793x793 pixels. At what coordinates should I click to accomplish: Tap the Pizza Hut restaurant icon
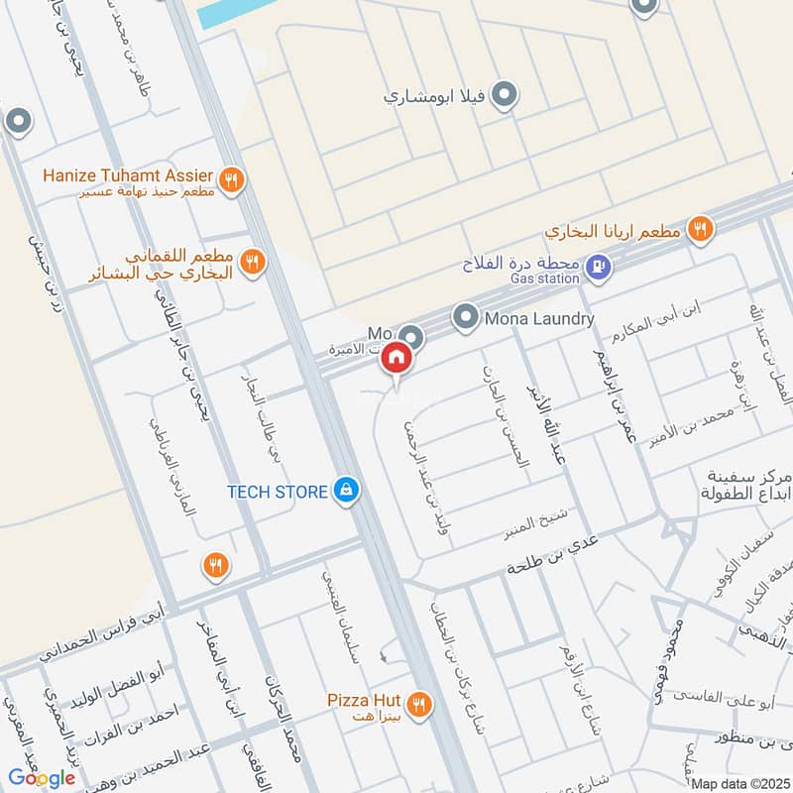420,704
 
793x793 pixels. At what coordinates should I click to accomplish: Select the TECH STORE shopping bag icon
346,491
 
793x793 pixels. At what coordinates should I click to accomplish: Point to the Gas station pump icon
598,266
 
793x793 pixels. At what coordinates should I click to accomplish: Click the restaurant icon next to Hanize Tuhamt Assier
232,180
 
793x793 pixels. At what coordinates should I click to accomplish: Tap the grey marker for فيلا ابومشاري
506,95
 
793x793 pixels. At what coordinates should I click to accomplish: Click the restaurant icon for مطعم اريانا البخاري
702,230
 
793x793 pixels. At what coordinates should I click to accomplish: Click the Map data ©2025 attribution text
738,784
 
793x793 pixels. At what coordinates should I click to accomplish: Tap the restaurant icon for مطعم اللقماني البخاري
253,262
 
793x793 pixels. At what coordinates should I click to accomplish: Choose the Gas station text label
545,280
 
